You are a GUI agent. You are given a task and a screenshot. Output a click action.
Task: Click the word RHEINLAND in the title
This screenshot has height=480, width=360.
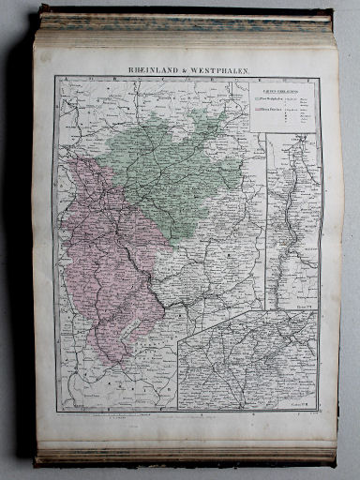(153, 68)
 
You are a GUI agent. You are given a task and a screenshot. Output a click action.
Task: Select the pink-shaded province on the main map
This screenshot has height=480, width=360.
(108, 253)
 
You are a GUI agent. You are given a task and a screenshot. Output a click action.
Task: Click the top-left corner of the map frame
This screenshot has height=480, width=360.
(54, 77)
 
